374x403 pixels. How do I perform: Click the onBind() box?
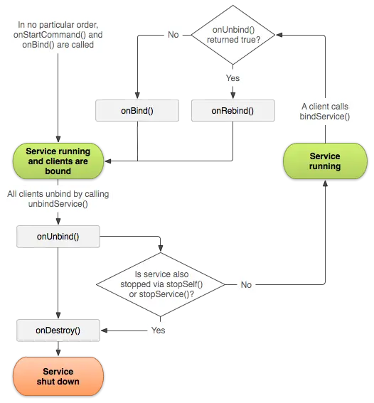coord(137,111)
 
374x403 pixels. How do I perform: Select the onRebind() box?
coord(233,111)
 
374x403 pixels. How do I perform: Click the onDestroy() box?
coord(58,331)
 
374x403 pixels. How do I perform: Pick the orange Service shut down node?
coord(58,377)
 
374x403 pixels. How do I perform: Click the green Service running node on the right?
coord(324,161)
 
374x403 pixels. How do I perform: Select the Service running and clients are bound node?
coord(58,161)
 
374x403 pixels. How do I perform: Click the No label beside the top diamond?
coord(173,35)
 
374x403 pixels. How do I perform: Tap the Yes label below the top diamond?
coord(233,78)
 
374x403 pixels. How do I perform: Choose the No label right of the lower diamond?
coord(246,285)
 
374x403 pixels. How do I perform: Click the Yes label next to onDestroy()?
coord(158,331)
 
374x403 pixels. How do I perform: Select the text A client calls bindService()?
coord(325,111)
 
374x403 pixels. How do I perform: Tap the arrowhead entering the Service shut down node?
coord(58,355)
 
